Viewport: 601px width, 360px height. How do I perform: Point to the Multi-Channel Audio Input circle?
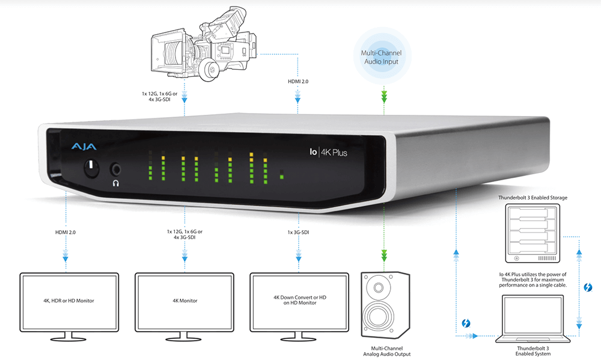pyautogui.click(x=381, y=58)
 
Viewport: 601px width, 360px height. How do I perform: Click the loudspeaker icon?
pyautogui.click(x=383, y=305)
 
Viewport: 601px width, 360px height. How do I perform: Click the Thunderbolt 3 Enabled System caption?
pyautogui.click(x=529, y=352)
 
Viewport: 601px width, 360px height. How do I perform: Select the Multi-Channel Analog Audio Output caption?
pyautogui.click(x=383, y=351)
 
